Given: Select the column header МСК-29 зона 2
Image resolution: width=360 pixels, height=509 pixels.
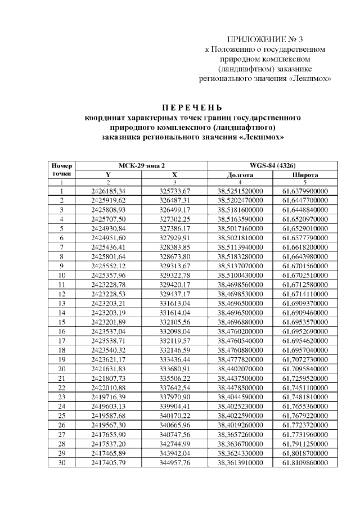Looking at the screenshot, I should pyautogui.click(x=142, y=166).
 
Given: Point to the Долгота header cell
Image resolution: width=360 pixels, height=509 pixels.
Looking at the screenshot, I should pyautogui.click(x=240, y=175).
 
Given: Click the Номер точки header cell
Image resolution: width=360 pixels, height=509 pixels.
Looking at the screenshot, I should pyautogui.click(x=61, y=170).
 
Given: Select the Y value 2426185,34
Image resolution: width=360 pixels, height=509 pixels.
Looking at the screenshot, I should pyautogui.click(x=108, y=191).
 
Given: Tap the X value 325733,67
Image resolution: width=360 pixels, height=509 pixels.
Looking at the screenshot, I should pyautogui.click(x=175, y=191).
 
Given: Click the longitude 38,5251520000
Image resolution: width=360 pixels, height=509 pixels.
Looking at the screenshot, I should pyautogui.click(x=240, y=191).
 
